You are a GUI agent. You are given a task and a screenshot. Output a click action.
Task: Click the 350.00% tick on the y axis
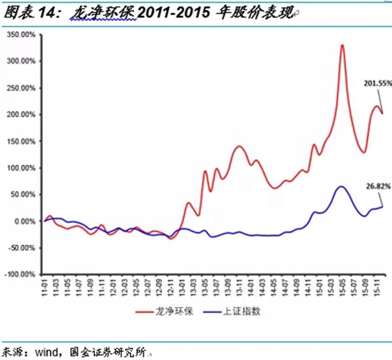[21, 35]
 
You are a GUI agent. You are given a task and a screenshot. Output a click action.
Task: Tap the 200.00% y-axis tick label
[21, 114]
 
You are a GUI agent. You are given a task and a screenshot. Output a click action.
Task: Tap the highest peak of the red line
[342, 45]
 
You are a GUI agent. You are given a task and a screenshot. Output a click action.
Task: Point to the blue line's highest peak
[341, 186]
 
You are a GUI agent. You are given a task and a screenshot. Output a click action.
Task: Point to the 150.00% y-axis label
[21, 141]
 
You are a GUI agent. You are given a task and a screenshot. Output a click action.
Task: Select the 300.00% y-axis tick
[21, 61]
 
